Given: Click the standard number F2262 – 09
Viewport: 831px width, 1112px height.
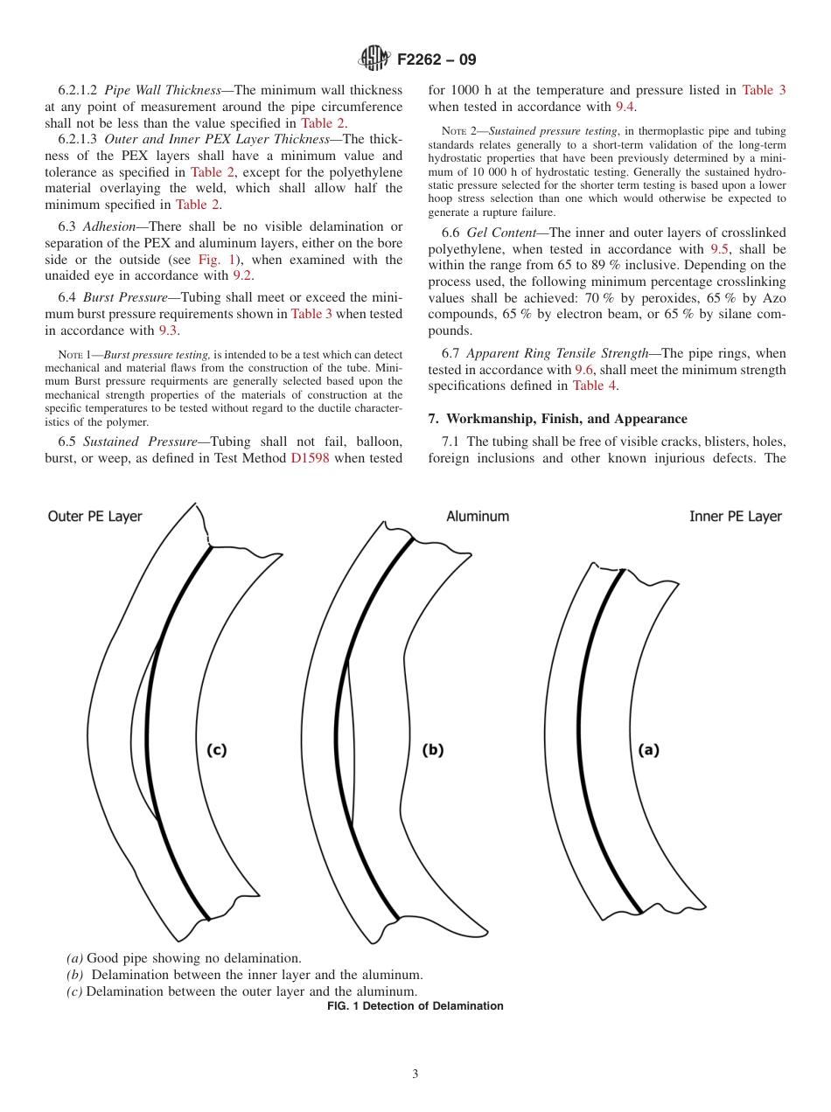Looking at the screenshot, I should [436, 60].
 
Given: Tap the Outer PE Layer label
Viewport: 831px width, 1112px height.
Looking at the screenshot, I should [94, 517].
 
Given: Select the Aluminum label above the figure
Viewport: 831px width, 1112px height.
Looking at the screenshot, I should [478, 517].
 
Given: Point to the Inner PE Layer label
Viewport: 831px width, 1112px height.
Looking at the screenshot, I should [736, 517].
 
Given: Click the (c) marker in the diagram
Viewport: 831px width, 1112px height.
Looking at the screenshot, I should [216, 749].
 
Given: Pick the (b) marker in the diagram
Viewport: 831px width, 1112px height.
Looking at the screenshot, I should [433, 749].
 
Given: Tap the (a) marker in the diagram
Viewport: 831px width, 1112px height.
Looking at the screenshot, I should [648, 749].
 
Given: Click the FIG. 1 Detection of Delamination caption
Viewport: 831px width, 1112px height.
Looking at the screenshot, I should [415, 1006].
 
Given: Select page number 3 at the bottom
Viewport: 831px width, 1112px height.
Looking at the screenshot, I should [415, 1074].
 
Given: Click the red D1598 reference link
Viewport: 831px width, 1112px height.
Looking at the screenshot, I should [310, 458].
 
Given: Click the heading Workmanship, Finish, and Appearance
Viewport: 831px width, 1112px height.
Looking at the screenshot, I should [566, 419].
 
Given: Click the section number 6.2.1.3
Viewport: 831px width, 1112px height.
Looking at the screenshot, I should [77, 139].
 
